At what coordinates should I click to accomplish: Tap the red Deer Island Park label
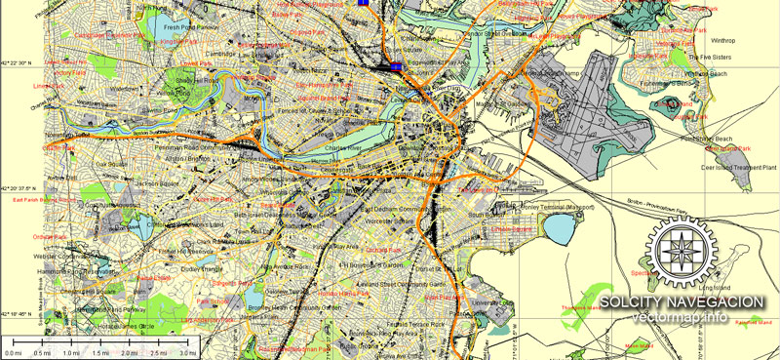(x=729, y=148)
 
